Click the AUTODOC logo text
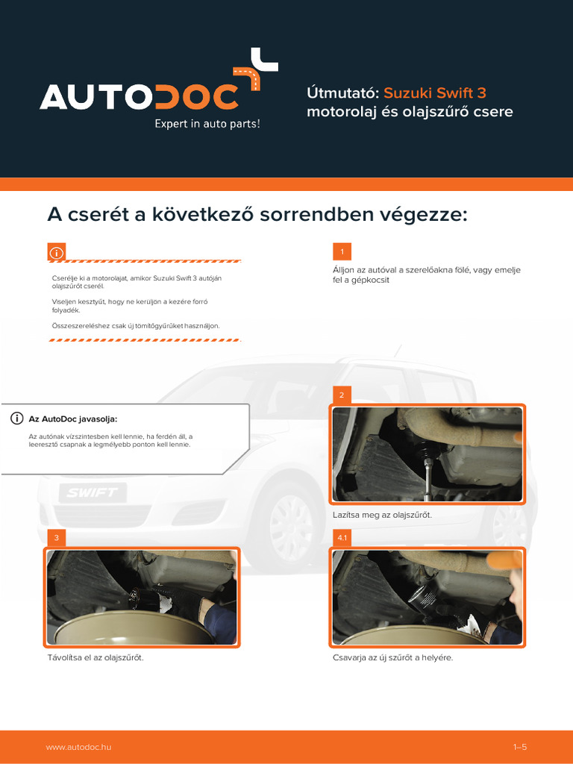click(x=140, y=96)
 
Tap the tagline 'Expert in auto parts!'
click(x=207, y=124)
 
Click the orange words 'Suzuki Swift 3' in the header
click(x=435, y=93)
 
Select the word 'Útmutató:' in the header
click(x=343, y=93)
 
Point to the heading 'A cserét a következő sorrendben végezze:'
click(x=257, y=215)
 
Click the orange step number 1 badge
click(x=342, y=251)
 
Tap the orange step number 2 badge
click(x=342, y=395)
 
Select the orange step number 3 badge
click(x=56, y=538)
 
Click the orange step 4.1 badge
click(x=342, y=538)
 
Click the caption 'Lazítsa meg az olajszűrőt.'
click(x=382, y=515)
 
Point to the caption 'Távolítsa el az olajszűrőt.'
click(x=95, y=657)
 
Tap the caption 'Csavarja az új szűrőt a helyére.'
click(x=392, y=657)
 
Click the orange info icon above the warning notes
click(x=56, y=253)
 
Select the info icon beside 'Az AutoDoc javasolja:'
click(x=16, y=419)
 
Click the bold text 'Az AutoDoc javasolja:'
click(x=73, y=419)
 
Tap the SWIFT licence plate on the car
click(x=92, y=492)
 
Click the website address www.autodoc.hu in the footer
click(x=78, y=747)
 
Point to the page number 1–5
click(x=520, y=747)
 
